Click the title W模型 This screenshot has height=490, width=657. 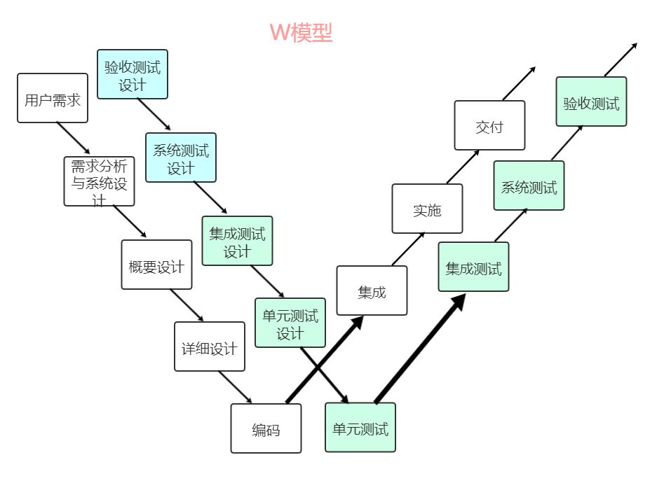point(301,32)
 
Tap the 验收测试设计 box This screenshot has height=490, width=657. point(133,74)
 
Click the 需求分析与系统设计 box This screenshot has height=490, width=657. point(99,181)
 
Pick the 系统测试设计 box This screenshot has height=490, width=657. point(181,157)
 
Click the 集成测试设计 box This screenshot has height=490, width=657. point(237,241)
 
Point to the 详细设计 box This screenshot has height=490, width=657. point(210,346)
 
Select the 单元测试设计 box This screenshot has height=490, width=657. point(290,323)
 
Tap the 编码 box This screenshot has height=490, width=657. point(266,428)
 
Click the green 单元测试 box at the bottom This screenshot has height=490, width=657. point(360,427)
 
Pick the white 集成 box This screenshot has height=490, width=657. point(372,290)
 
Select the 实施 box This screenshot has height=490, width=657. point(427,209)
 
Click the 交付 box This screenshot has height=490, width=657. point(489,125)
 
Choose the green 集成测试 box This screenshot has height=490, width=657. point(473,267)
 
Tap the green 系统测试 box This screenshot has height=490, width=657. point(529,185)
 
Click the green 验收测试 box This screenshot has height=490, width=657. point(591,101)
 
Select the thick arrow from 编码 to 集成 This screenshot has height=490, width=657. point(325,360)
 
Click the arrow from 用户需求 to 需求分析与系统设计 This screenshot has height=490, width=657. point(73,138)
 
